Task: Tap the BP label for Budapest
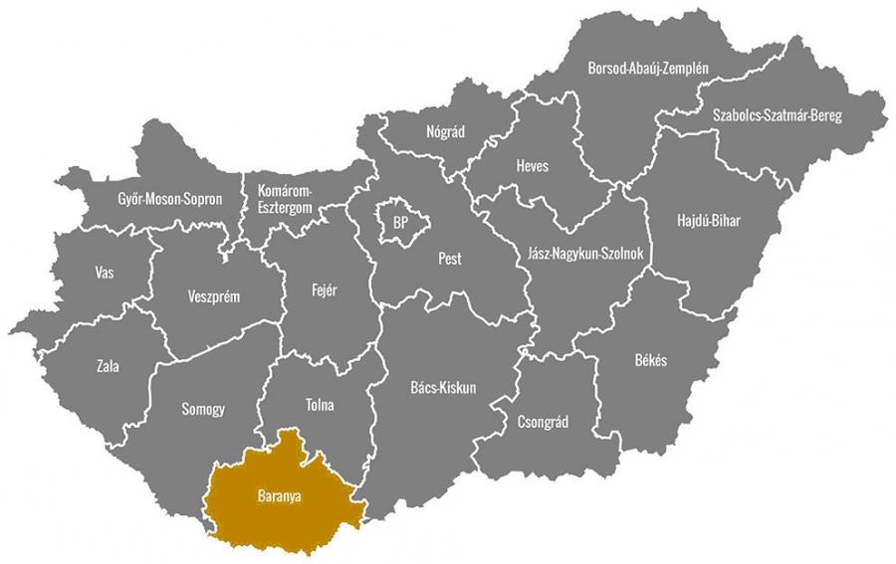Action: pyautogui.click(x=400, y=222)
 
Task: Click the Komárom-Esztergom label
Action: pyautogui.click(x=286, y=198)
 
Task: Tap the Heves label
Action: pyautogui.click(x=532, y=166)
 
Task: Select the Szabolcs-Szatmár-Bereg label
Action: pyautogui.click(x=777, y=116)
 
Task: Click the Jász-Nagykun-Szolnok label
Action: pyautogui.click(x=585, y=255)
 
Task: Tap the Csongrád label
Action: pyautogui.click(x=544, y=422)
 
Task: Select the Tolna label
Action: pyautogui.click(x=320, y=406)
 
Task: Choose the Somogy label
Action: pyautogui.click(x=203, y=409)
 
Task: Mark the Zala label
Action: pyautogui.click(x=108, y=366)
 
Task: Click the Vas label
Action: pyautogui.click(x=104, y=273)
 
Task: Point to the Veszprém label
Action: pyautogui.click(x=214, y=296)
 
